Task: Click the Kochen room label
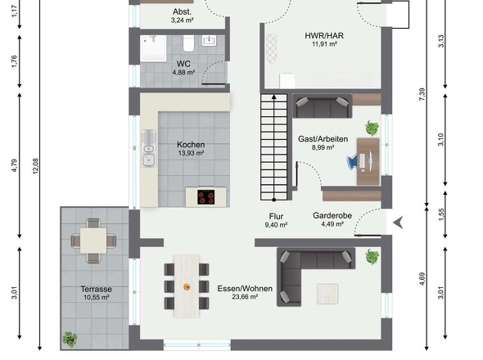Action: [191, 145]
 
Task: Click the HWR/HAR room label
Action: [324, 35]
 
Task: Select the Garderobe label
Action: [332, 216]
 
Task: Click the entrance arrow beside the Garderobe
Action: [399, 222]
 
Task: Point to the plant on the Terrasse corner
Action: [70, 338]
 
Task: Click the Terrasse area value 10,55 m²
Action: [96, 299]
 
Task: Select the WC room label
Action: [183, 63]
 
